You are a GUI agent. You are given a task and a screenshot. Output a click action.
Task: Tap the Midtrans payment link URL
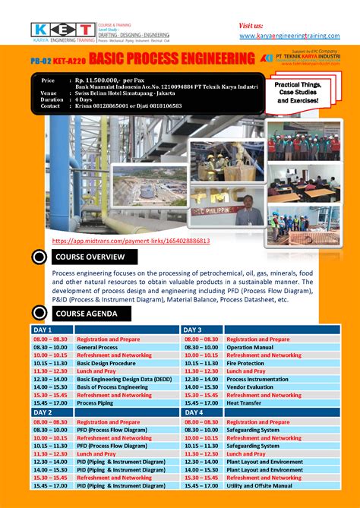[130, 241]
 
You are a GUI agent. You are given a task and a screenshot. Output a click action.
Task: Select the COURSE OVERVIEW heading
[90, 257]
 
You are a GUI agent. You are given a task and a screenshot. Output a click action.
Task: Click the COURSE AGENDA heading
[87, 313]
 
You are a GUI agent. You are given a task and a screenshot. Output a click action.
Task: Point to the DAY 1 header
[42, 330]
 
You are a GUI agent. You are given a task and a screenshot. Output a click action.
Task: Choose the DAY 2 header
[42, 412]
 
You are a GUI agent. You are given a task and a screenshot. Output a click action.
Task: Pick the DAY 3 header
[191, 330]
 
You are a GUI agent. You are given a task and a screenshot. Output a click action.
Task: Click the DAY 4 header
[191, 412]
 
